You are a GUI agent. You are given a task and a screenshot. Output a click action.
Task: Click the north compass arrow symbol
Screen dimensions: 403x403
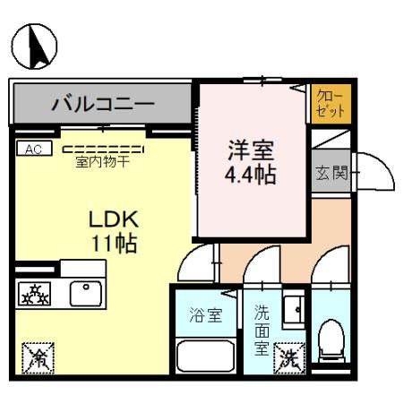pos(35,47)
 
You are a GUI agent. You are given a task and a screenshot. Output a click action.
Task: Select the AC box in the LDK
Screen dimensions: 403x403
pos(34,149)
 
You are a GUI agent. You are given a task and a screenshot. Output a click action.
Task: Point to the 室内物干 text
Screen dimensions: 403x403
pos(102,162)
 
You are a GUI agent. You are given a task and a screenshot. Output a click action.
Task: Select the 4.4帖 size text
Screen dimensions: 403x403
pos(250,172)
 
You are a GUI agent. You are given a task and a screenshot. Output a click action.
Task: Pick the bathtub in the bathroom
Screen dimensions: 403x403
pos(206,356)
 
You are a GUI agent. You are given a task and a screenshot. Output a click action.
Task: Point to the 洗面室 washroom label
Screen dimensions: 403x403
pos(262,329)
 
